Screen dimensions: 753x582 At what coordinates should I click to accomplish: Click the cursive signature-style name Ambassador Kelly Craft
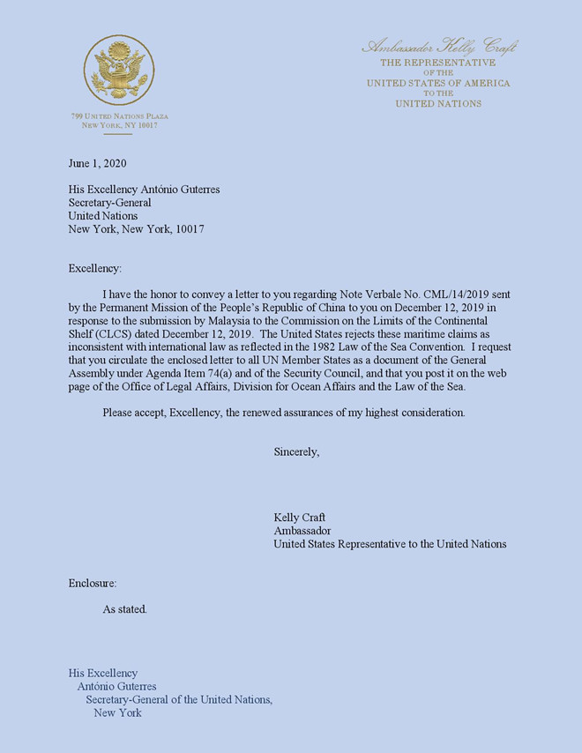click(x=438, y=47)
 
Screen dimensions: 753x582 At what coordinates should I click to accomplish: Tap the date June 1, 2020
click(x=103, y=163)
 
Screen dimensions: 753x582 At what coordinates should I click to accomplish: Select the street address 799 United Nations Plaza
click(x=119, y=116)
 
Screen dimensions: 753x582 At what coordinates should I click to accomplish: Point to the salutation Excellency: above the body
click(x=95, y=268)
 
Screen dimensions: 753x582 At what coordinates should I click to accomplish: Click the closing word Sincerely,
click(x=296, y=451)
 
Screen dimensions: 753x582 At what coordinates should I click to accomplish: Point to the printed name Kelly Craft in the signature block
click(x=300, y=518)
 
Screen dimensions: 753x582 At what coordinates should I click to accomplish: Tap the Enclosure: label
click(x=93, y=583)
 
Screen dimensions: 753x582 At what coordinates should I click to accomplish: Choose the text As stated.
click(x=125, y=609)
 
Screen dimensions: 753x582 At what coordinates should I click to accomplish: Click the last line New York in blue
click(x=117, y=712)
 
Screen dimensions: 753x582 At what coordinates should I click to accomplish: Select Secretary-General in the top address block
click(x=110, y=203)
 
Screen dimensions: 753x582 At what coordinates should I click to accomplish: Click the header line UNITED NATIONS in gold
click(x=438, y=104)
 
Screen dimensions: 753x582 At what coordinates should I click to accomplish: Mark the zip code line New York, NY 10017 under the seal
click(x=119, y=126)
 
